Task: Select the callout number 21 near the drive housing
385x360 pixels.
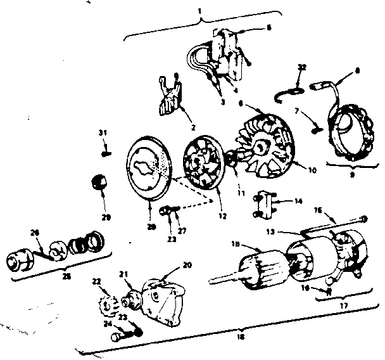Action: pyautogui.click(x=124, y=274)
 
